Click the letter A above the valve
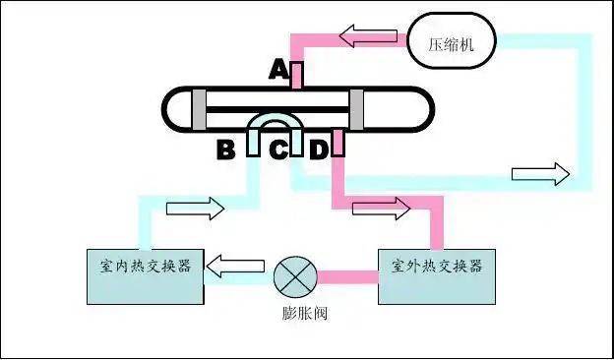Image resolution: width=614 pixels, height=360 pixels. [278, 71]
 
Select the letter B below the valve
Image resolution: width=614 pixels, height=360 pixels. [226, 150]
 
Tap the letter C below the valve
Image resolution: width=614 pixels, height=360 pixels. [279, 150]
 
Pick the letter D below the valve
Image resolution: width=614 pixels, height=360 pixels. [318, 150]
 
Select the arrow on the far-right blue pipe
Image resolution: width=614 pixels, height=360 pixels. [540, 174]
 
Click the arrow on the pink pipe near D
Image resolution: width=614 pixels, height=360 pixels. [382, 208]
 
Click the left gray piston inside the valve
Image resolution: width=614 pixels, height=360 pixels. [199, 107]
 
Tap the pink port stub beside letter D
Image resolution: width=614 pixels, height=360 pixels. [338, 144]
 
